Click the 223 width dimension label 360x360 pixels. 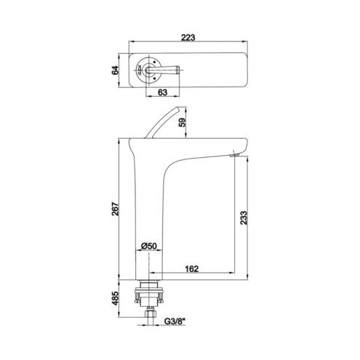[x=188, y=38]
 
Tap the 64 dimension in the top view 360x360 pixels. [x=116, y=70]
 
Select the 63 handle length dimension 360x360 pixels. [x=162, y=92]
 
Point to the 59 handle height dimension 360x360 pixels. [x=183, y=122]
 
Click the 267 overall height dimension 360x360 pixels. [x=116, y=209]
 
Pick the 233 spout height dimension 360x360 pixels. [x=244, y=218]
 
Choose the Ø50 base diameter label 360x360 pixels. [x=148, y=246]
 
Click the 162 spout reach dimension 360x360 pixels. [x=191, y=269]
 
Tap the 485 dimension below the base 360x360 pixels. [x=116, y=298]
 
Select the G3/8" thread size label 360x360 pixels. [x=175, y=321]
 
